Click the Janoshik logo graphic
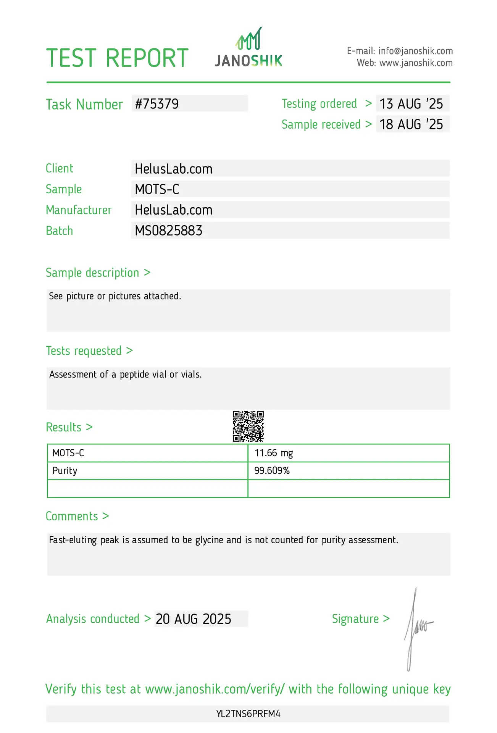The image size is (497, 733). [x=248, y=47]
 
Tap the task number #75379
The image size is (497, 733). [x=157, y=104]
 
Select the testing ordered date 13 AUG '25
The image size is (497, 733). [x=411, y=104]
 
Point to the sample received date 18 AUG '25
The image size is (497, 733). [x=411, y=124]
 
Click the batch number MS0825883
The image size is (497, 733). [x=168, y=231]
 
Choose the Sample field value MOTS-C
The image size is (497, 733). [x=157, y=189]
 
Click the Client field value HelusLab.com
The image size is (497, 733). [x=173, y=169]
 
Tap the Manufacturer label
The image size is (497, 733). [x=79, y=210]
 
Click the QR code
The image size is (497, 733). [x=248, y=426]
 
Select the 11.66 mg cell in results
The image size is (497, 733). [x=274, y=453]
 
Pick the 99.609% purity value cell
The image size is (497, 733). [x=272, y=471]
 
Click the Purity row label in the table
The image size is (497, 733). [x=65, y=471]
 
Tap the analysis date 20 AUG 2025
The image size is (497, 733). [x=194, y=619]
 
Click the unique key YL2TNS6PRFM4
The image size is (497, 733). [x=248, y=714]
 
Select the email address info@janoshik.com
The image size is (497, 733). [x=415, y=51]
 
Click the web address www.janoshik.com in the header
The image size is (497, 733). [x=416, y=63]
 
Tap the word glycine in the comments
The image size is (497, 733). [x=210, y=540]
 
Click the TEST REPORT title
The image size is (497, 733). [x=117, y=58]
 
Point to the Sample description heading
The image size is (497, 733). [x=92, y=273]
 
